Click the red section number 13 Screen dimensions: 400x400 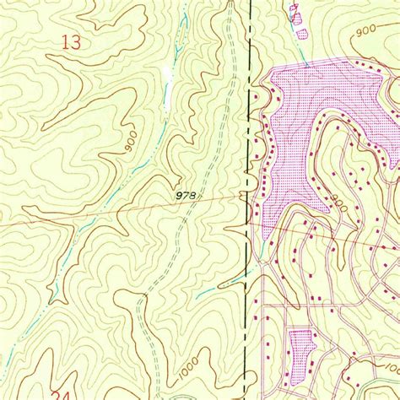pos(73,41)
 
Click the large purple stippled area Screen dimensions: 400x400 pos(321,118)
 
